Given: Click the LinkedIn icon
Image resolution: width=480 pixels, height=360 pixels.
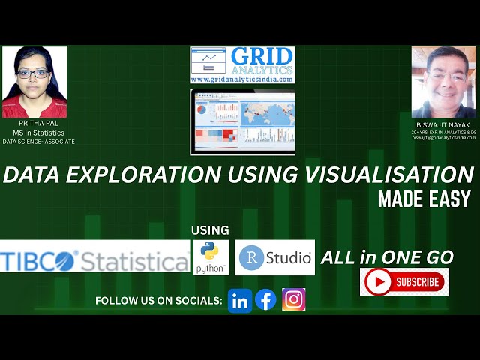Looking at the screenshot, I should [x=240, y=300].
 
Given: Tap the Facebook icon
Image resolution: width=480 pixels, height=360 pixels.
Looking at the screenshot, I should [x=266, y=300].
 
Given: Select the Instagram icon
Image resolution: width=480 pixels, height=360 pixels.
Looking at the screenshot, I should [x=293, y=299].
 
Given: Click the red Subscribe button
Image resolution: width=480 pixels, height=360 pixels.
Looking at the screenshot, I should [x=404, y=282].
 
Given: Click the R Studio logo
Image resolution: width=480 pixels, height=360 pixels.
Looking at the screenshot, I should [x=274, y=258].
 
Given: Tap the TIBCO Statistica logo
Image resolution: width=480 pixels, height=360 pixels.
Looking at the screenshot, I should [x=94, y=259].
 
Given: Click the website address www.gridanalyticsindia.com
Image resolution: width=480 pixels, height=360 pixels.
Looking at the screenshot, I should [x=242, y=79].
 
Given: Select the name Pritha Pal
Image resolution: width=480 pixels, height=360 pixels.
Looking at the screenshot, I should [x=35, y=125].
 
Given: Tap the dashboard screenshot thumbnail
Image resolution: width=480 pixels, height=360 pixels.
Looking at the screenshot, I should [x=242, y=122].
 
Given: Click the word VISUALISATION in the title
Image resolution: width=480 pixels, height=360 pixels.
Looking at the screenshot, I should [x=385, y=175].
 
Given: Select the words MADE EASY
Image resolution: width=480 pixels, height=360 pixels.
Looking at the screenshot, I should [x=424, y=199].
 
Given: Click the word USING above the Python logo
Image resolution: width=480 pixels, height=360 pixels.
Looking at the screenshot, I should [x=210, y=230].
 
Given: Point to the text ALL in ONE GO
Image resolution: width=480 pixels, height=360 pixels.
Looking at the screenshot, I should [x=387, y=257].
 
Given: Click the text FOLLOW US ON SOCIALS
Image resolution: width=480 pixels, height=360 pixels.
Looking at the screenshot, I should [x=159, y=301].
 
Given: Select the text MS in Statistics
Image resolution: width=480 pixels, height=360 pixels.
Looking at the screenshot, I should [x=34, y=133].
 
